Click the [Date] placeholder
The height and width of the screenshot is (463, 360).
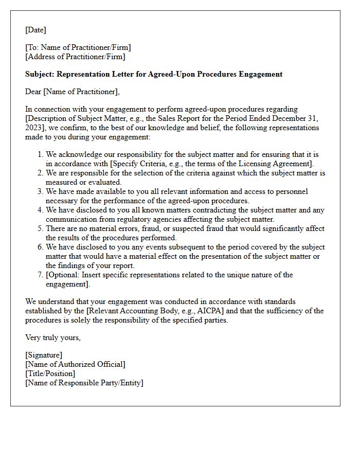coord(35,30)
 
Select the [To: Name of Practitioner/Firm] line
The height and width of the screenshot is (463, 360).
coord(78,48)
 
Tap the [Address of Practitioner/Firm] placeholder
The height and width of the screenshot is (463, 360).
coord(75,57)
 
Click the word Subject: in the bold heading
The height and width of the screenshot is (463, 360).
coord(40,74)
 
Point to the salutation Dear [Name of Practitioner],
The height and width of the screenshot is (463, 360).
coord(72,92)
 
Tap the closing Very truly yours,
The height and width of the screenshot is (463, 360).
coord(53,338)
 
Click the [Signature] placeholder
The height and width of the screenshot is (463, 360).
coord(44,355)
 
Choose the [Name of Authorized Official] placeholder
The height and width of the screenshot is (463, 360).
coord(75,364)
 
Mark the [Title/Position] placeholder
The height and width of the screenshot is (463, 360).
coord(50,373)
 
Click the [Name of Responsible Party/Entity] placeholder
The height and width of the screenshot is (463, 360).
coord(84,383)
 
